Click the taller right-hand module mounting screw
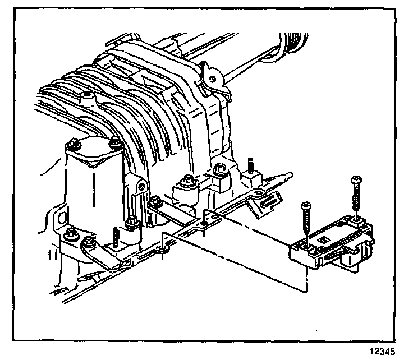(x=356, y=196)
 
